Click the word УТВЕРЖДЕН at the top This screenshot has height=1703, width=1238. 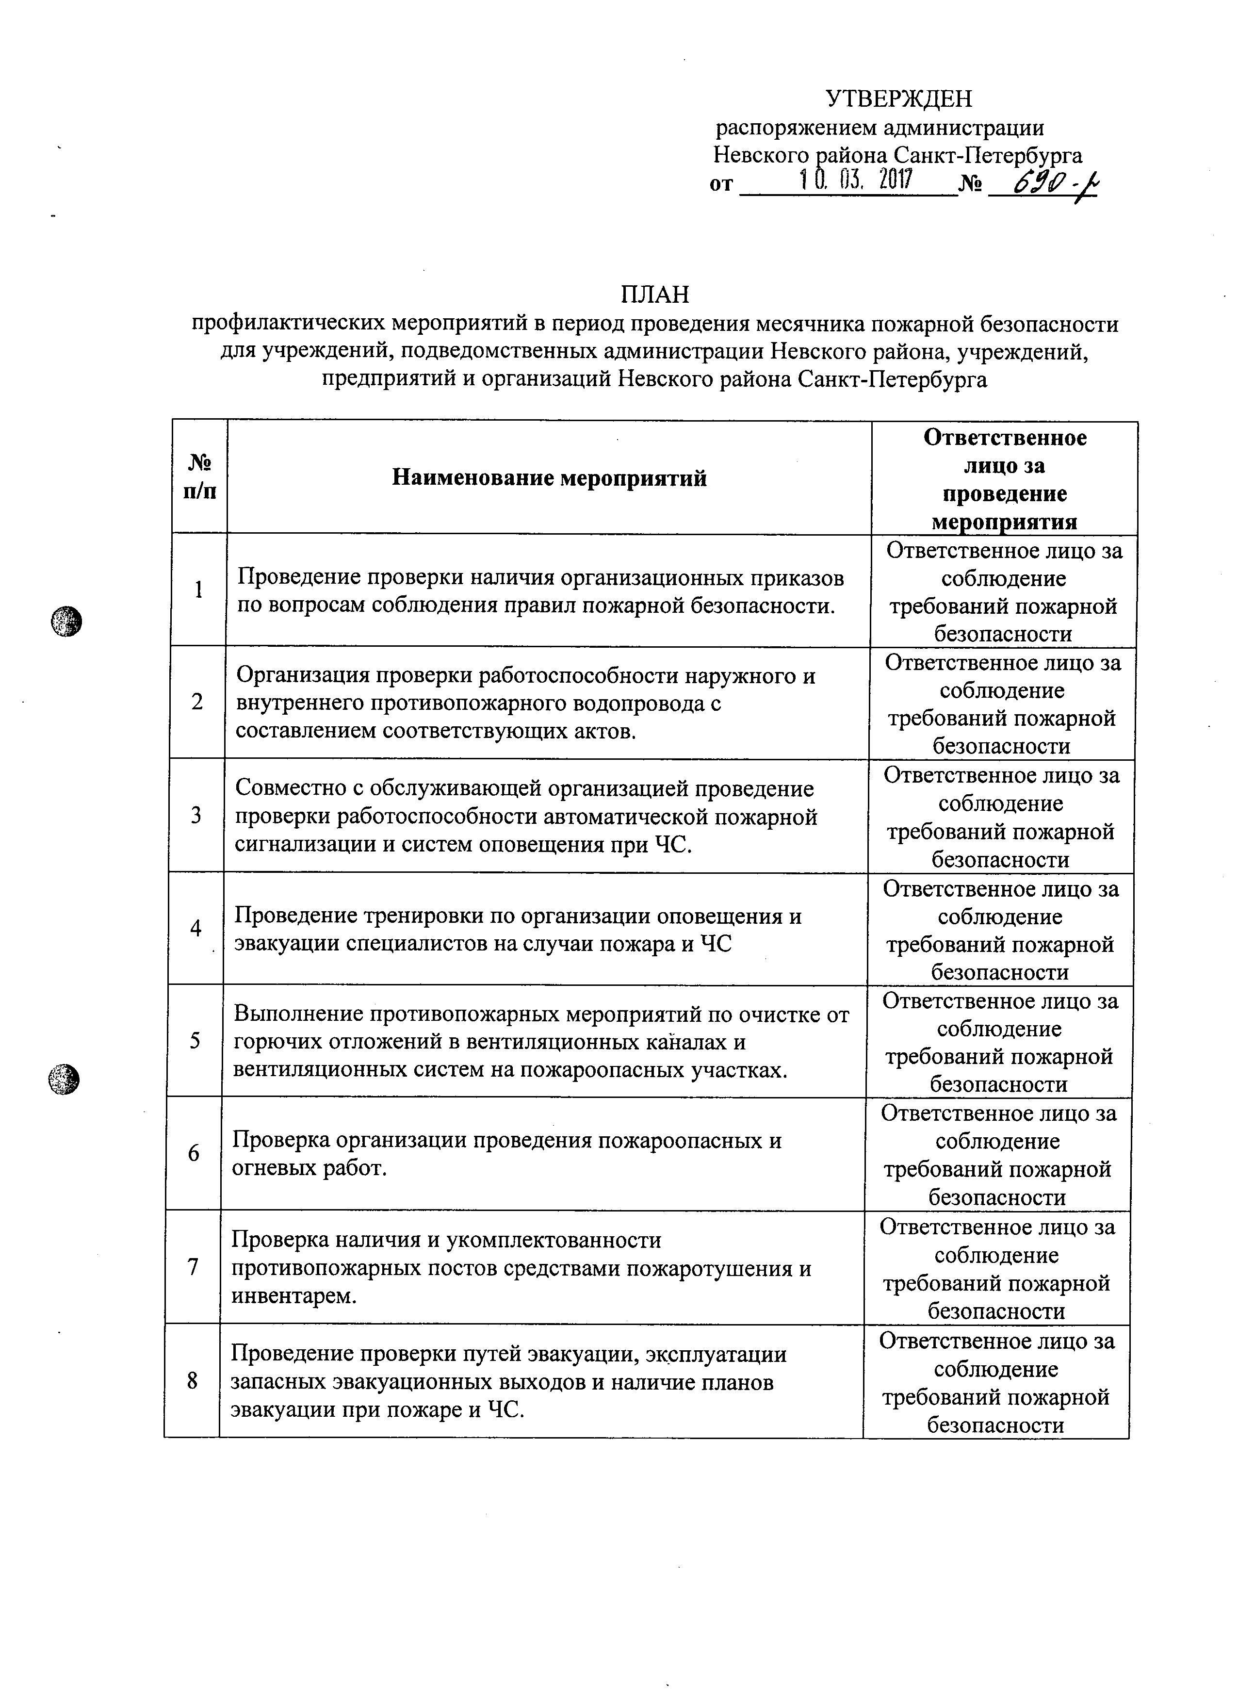[898, 98]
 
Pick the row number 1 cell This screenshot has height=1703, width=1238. [199, 590]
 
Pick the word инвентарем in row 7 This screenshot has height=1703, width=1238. [291, 1296]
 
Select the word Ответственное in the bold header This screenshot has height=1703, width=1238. [1005, 438]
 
